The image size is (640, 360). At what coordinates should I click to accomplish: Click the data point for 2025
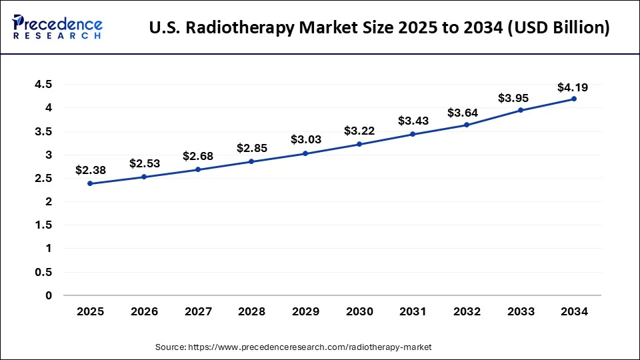point(90,183)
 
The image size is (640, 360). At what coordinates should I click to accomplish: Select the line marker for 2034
point(573,99)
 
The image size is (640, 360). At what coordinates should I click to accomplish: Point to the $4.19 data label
point(573,87)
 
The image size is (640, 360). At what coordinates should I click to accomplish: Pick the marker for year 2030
point(359,144)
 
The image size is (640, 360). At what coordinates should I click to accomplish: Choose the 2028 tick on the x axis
point(251,311)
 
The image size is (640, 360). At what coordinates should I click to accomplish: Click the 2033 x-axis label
point(520,311)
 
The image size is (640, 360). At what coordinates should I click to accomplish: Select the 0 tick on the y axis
point(49,295)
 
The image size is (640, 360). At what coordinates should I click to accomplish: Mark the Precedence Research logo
point(57,27)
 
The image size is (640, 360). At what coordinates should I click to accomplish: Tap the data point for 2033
point(520,110)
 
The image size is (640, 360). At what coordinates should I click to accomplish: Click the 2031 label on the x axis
point(412,311)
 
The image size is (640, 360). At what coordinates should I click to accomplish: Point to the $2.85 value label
point(251,148)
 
